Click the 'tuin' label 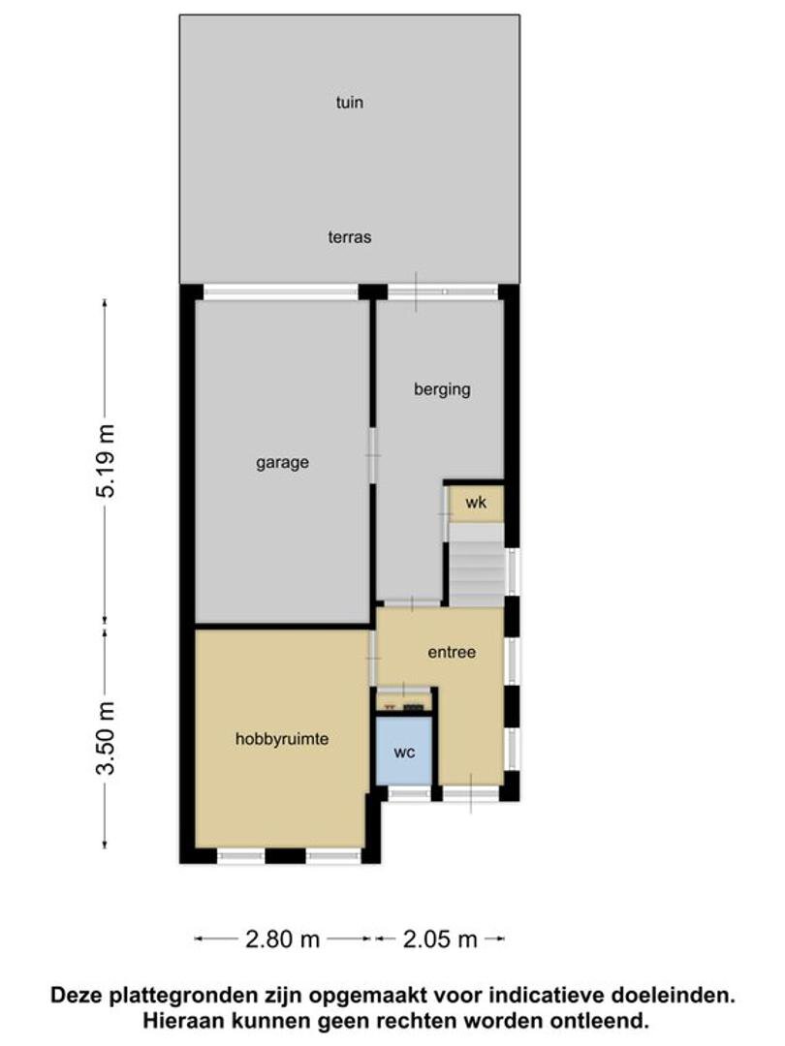coord(349,102)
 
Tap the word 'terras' coord(349,237)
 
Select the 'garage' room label coord(282,463)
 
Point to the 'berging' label coord(442,389)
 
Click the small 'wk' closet coord(476,503)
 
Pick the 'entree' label coord(452,653)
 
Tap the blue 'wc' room coord(404,752)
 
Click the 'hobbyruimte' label coord(282,739)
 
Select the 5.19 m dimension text coord(106,461)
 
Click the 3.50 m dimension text coord(106,738)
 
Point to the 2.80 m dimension coord(283,939)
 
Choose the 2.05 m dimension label coord(440,939)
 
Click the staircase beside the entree coord(476,565)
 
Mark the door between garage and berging coord(372,456)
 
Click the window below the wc coord(409,792)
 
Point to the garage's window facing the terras coord(281,292)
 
